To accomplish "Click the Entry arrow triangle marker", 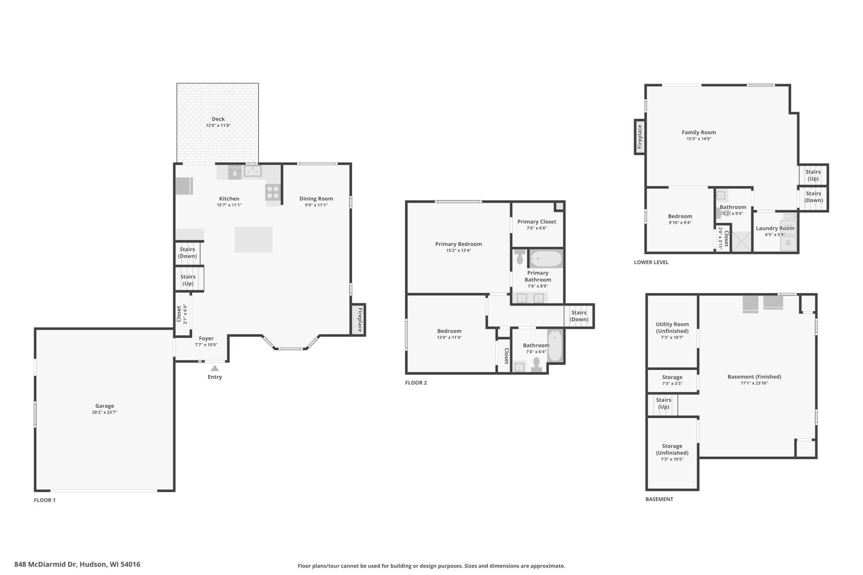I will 215,368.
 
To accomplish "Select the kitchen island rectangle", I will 254,239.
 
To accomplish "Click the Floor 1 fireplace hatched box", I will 358,320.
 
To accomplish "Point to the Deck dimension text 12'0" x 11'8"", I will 218,125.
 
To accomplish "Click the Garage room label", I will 105,406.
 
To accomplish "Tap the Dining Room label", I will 316,199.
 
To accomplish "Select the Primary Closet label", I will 536,222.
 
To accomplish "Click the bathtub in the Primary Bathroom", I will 546,259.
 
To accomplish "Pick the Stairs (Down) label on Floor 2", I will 579,316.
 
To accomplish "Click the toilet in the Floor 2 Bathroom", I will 537,364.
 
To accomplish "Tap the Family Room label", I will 699,132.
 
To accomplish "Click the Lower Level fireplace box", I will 640,137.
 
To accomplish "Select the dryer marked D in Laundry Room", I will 789,243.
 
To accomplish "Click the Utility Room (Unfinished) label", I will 672,327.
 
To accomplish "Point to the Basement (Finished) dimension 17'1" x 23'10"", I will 754,383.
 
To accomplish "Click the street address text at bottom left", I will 77,564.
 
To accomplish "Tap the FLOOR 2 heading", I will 416,383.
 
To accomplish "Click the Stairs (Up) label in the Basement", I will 663,403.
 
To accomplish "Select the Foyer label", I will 206,339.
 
